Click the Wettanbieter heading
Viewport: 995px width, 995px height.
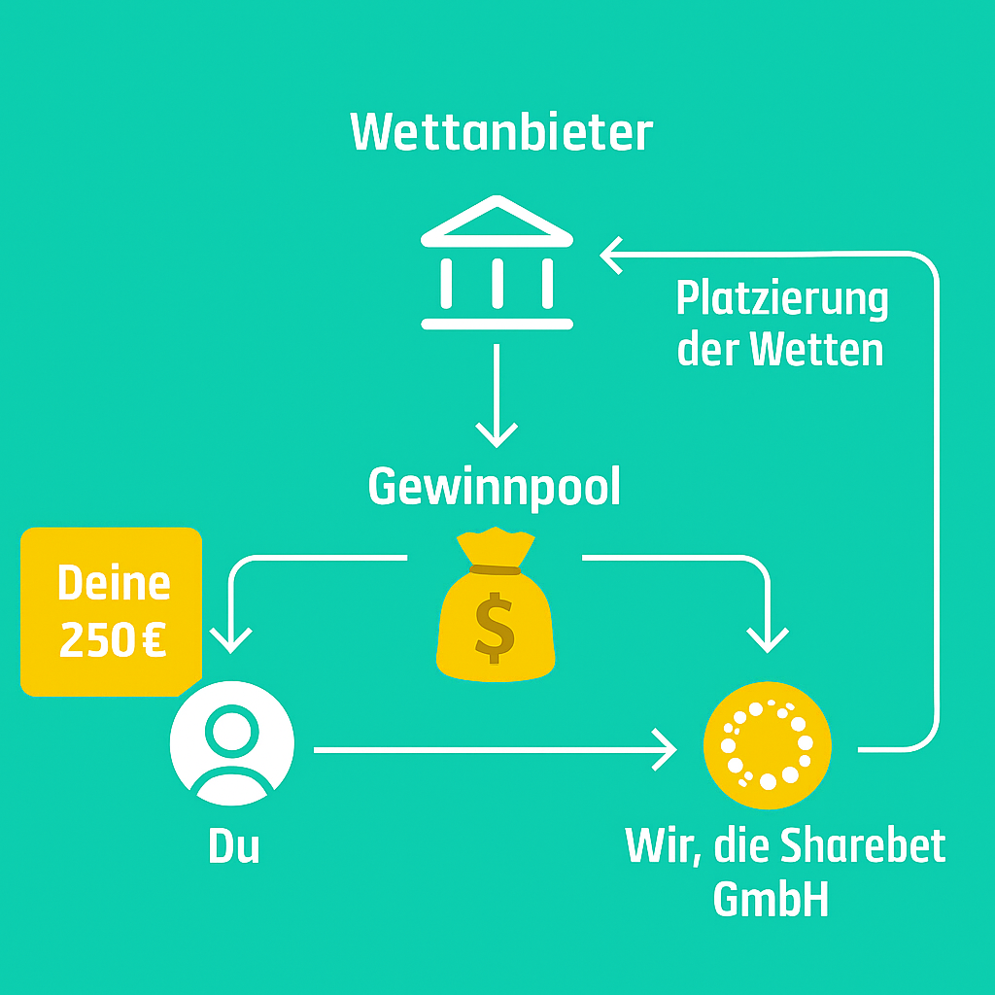500,132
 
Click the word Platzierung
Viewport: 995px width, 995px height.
782,299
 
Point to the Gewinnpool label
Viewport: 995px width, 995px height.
494,487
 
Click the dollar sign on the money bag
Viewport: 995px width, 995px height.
496,626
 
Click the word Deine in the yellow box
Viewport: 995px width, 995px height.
113,584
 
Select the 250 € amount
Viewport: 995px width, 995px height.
113,640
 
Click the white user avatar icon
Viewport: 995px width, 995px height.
232,742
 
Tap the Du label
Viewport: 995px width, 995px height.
233,846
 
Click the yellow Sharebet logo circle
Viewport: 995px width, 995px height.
768,743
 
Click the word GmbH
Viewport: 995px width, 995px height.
771,900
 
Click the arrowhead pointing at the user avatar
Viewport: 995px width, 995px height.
232,641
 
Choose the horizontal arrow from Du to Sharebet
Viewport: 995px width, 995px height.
496,750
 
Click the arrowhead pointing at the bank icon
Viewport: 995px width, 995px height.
612,257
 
